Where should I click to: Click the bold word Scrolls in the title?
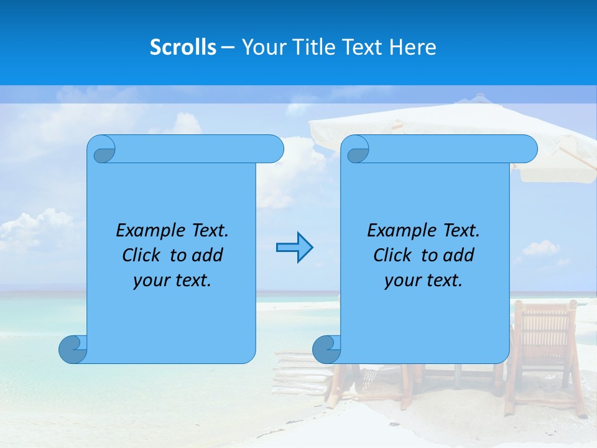183,47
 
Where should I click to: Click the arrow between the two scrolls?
294,248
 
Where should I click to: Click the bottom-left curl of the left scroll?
73,348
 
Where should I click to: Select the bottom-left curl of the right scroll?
326,348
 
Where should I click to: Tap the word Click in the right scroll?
392,255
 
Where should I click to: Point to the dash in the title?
228,47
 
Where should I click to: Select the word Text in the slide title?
361,47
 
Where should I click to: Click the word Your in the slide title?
261,47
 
